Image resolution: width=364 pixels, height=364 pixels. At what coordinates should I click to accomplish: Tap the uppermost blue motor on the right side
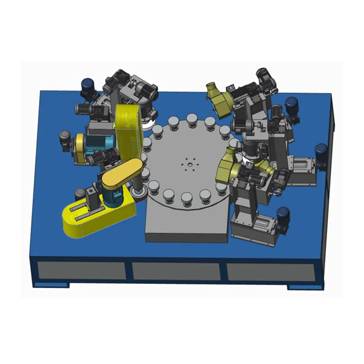point(292,105)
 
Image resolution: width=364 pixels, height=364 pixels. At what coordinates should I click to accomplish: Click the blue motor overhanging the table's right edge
point(321,151)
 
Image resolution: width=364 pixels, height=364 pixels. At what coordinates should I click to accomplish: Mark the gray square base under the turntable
point(187,227)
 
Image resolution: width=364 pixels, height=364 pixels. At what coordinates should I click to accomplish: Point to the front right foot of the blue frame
point(305,287)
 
